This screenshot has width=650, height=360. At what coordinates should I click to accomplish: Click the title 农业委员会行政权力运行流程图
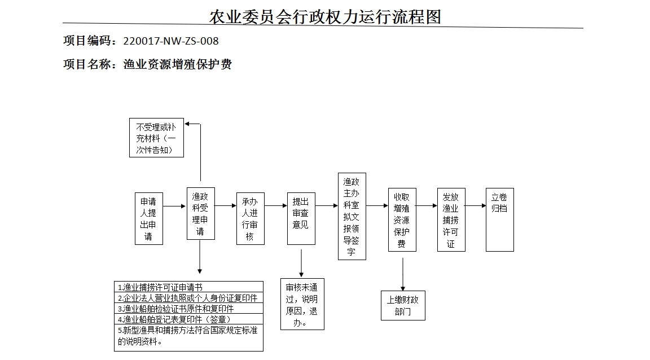[325, 17]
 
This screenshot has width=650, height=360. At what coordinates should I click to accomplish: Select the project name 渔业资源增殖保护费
[177, 64]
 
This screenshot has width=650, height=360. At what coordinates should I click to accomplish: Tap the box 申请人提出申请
[149, 218]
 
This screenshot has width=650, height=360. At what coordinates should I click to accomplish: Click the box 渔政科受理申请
[200, 213]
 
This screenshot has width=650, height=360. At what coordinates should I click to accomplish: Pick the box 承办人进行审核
[250, 218]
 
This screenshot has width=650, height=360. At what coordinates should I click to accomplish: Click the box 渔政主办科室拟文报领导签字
[352, 216]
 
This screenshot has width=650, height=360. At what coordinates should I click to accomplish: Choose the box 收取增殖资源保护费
[402, 219]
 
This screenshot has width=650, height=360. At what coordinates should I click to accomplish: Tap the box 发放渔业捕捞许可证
[451, 219]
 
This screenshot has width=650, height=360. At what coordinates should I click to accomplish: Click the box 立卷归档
[499, 219]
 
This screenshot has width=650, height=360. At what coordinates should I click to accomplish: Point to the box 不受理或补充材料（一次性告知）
[156, 137]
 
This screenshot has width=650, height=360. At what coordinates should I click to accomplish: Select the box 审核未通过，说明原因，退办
[302, 304]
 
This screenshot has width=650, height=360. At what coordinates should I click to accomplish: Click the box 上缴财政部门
[403, 305]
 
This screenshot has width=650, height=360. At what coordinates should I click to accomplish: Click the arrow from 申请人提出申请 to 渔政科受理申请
[174, 207]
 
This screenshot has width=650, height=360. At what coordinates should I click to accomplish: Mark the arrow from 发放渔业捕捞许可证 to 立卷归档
[476, 206]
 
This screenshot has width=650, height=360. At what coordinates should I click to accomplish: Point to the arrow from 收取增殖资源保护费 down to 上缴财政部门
[403, 274]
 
